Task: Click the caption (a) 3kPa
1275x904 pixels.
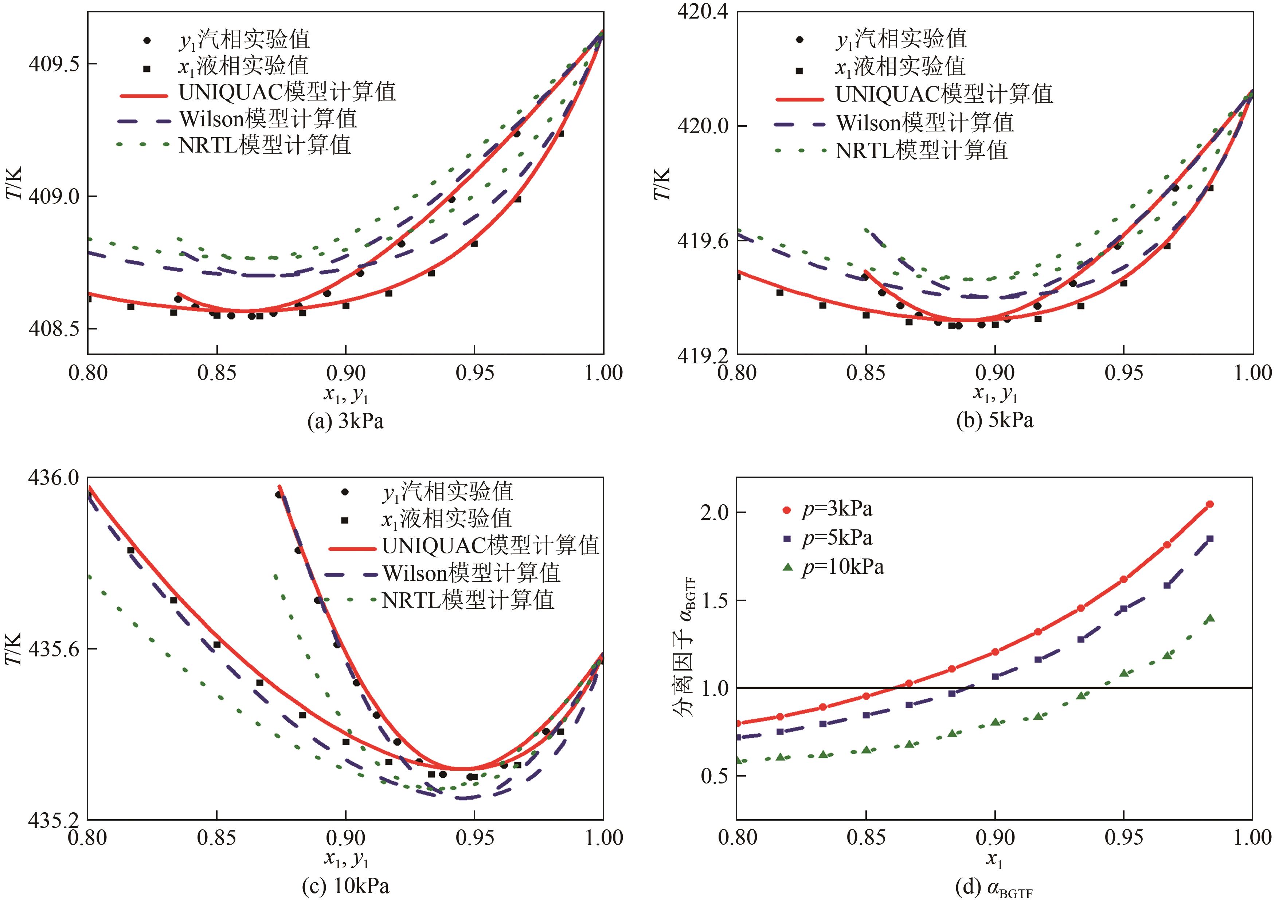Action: point(345,421)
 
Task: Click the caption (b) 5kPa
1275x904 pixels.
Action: point(994,420)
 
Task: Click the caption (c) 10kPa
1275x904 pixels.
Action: point(345,886)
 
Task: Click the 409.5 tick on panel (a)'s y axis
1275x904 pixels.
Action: point(54,64)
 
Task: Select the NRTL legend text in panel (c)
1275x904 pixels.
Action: point(468,600)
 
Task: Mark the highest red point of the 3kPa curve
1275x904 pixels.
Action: point(1210,504)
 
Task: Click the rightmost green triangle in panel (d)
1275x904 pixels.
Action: point(1210,618)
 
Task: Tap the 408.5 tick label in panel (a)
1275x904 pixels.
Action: point(54,328)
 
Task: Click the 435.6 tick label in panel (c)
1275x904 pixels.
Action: point(54,648)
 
